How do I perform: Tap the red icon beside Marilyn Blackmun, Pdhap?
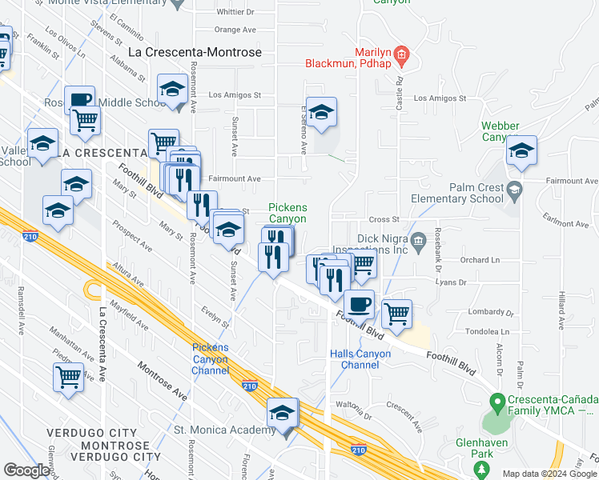(402, 55)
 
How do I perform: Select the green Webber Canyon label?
(501, 132)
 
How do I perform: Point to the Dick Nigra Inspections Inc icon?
(417, 241)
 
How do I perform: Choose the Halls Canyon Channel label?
(360, 359)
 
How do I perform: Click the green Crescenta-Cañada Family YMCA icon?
(496, 400)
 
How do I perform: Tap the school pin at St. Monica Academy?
(282, 414)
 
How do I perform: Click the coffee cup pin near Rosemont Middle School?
(79, 101)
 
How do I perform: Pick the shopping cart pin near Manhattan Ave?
(69, 376)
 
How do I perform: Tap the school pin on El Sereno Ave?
(321, 114)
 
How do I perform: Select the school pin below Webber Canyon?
(521, 151)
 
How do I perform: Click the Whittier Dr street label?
(235, 12)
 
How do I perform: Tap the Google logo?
(26, 470)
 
